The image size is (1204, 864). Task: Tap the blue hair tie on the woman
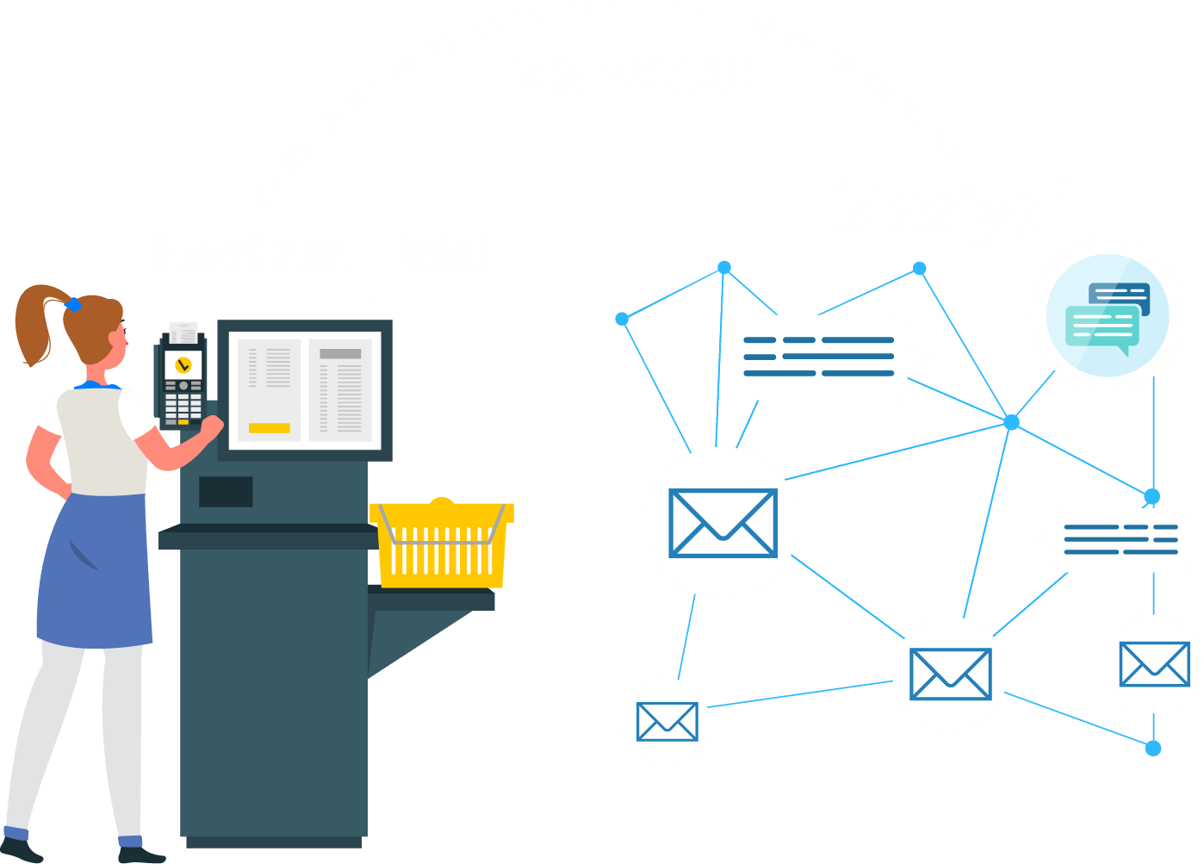click(73, 304)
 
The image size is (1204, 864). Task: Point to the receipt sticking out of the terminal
click(183, 332)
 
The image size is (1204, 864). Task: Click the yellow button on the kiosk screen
click(269, 427)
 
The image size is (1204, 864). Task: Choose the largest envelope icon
click(723, 523)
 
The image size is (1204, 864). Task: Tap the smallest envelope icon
click(667, 721)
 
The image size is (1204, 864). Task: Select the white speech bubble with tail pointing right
click(818, 357)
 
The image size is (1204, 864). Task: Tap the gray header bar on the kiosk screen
click(340, 353)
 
